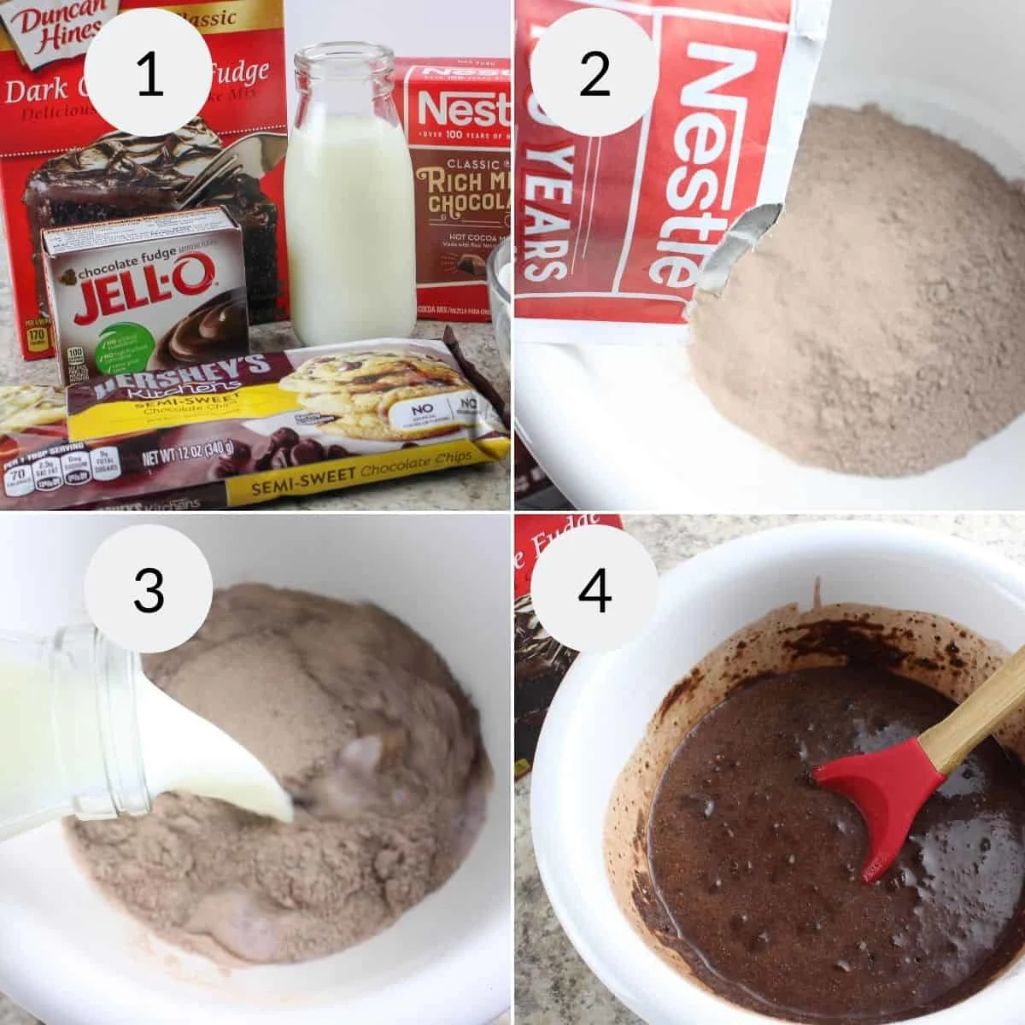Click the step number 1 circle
pyautogui.click(x=149, y=75)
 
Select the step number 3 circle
pyautogui.click(x=149, y=589)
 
